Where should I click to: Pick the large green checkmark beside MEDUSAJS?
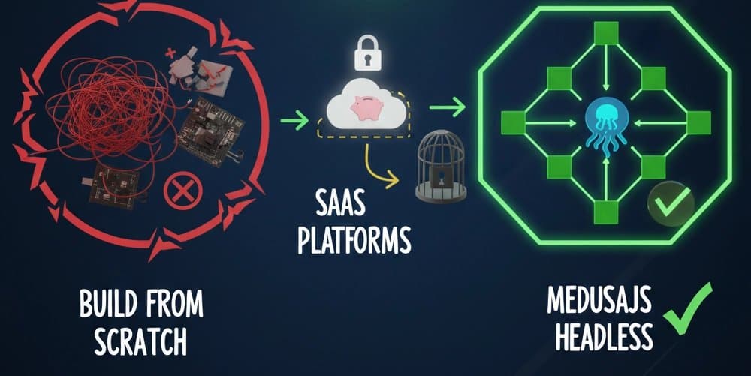pyautogui.click(x=688, y=307)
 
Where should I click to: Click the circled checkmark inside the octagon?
pyautogui.click(x=670, y=203)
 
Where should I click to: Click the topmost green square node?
pyautogui.click(x=606, y=32)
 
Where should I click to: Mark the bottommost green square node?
pyautogui.click(x=605, y=213)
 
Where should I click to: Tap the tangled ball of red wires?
pyautogui.click(x=105, y=120)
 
